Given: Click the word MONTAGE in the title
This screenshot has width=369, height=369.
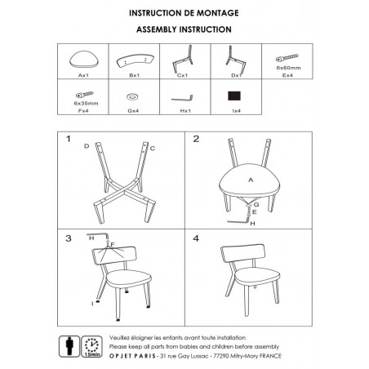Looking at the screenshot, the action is (x=218, y=13).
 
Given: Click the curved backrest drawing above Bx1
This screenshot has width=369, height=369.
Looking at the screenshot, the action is (x=136, y=61).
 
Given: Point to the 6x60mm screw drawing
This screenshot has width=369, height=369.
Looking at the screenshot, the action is (x=287, y=58).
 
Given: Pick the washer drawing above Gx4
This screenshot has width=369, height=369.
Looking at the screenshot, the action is (x=132, y=96).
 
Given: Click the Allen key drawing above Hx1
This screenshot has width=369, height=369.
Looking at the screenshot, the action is (x=182, y=98).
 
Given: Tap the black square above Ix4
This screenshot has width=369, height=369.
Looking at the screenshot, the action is (x=234, y=96).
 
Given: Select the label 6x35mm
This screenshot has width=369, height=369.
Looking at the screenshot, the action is (x=86, y=104).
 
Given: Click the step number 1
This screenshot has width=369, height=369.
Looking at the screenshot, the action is (x=69, y=139).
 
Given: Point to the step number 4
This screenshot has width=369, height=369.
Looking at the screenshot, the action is (x=196, y=238).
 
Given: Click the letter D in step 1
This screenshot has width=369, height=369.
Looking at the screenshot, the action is (x=87, y=146).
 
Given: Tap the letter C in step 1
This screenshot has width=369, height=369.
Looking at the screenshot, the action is (x=153, y=149).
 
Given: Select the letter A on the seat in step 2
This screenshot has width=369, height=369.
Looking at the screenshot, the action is (x=251, y=180).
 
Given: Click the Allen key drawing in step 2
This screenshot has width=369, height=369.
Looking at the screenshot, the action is (x=238, y=222).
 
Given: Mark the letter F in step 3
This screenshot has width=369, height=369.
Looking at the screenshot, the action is (x=113, y=245).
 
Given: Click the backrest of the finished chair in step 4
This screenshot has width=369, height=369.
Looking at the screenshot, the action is (x=242, y=253).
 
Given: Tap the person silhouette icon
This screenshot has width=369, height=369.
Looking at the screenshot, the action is (x=69, y=346).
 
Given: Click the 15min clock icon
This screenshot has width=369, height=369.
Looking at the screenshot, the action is (x=92, y=346).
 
